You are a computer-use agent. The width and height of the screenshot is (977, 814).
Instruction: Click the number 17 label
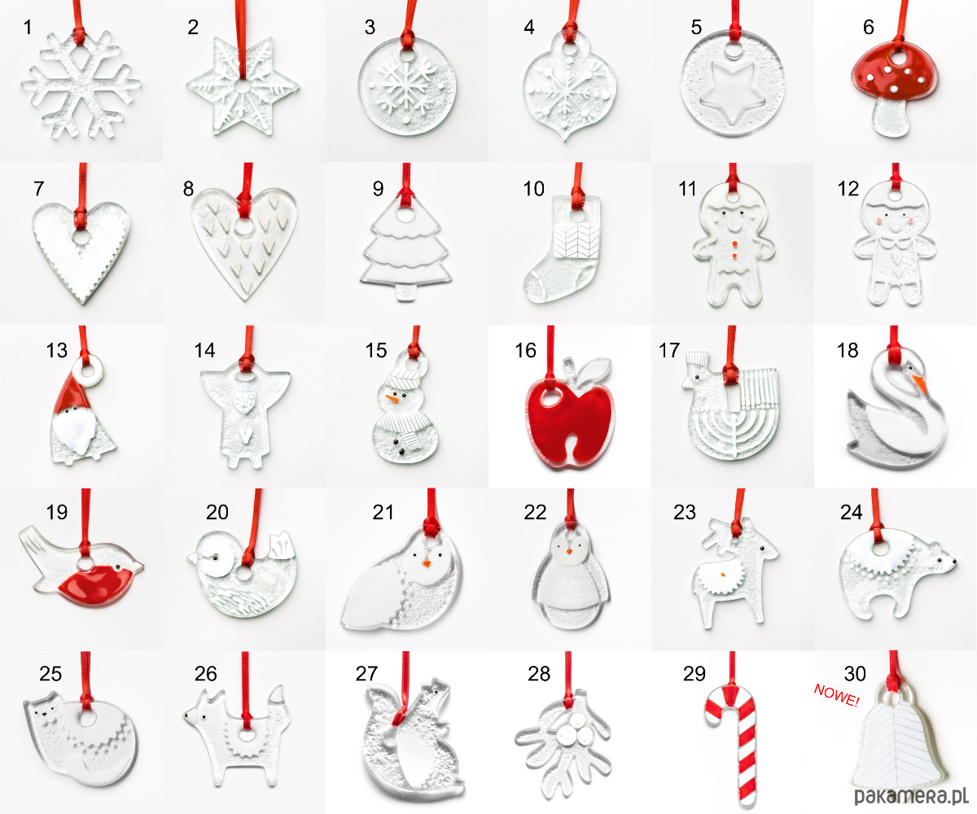(x=668, y=350)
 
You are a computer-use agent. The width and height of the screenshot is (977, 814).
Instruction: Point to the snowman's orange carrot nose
(x=392, y=399)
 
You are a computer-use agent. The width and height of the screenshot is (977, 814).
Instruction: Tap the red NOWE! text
(x=837, y=695)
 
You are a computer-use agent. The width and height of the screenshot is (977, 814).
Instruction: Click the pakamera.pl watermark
(x=911, y=796)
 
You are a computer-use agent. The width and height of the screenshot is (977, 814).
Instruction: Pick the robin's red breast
(x=97, y=584)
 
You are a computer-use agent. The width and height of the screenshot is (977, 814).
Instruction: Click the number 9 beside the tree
(x=378, y=189)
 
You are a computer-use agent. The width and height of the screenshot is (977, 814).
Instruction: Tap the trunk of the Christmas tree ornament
(x=405, y=291)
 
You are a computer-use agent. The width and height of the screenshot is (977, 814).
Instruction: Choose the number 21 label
(x=383, y=512)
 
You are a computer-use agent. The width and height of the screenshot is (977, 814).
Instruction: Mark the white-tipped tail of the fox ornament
(x=278, y=702)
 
